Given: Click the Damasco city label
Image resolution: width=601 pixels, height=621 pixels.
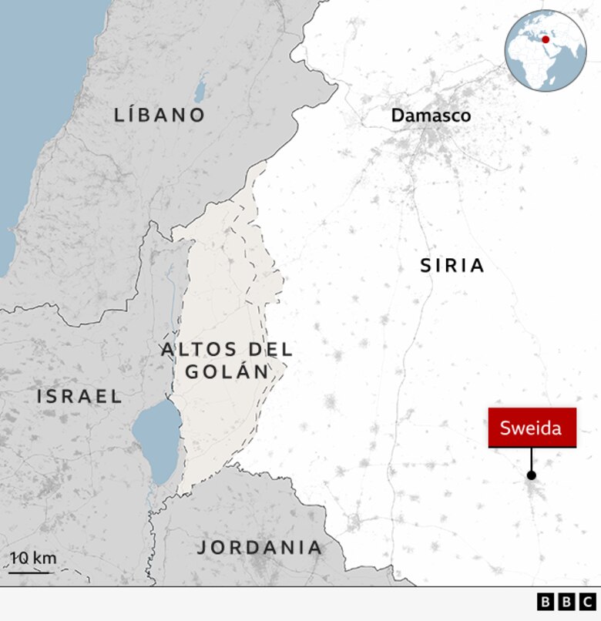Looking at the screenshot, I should tap(430, 116).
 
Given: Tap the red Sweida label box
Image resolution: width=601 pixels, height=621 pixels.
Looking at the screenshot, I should tap(532, 428).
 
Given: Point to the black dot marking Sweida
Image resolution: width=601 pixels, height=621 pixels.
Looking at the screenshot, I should tap(531, 475).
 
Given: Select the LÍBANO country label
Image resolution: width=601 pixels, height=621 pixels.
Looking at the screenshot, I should tap(160, 116).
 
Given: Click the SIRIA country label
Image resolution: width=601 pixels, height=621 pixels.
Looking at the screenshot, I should tap(452, 266).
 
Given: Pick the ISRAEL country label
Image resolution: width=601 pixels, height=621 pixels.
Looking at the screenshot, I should tap(79, 397).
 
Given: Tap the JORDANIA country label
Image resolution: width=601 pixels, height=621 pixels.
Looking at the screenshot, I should tap(260, 548).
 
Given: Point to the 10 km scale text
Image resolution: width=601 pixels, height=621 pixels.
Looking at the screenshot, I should tap(33, 558).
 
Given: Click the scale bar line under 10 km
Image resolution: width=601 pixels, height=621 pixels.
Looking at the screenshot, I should tap(29, 572).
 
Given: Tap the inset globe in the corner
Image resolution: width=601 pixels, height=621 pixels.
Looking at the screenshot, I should tap(546, 51).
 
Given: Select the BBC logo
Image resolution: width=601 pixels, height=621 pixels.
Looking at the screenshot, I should tap(566, 602).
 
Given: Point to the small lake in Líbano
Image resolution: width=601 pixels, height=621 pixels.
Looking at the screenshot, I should tap(200, 92).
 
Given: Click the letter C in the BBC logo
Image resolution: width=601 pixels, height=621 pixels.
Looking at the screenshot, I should tap(587, 602).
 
